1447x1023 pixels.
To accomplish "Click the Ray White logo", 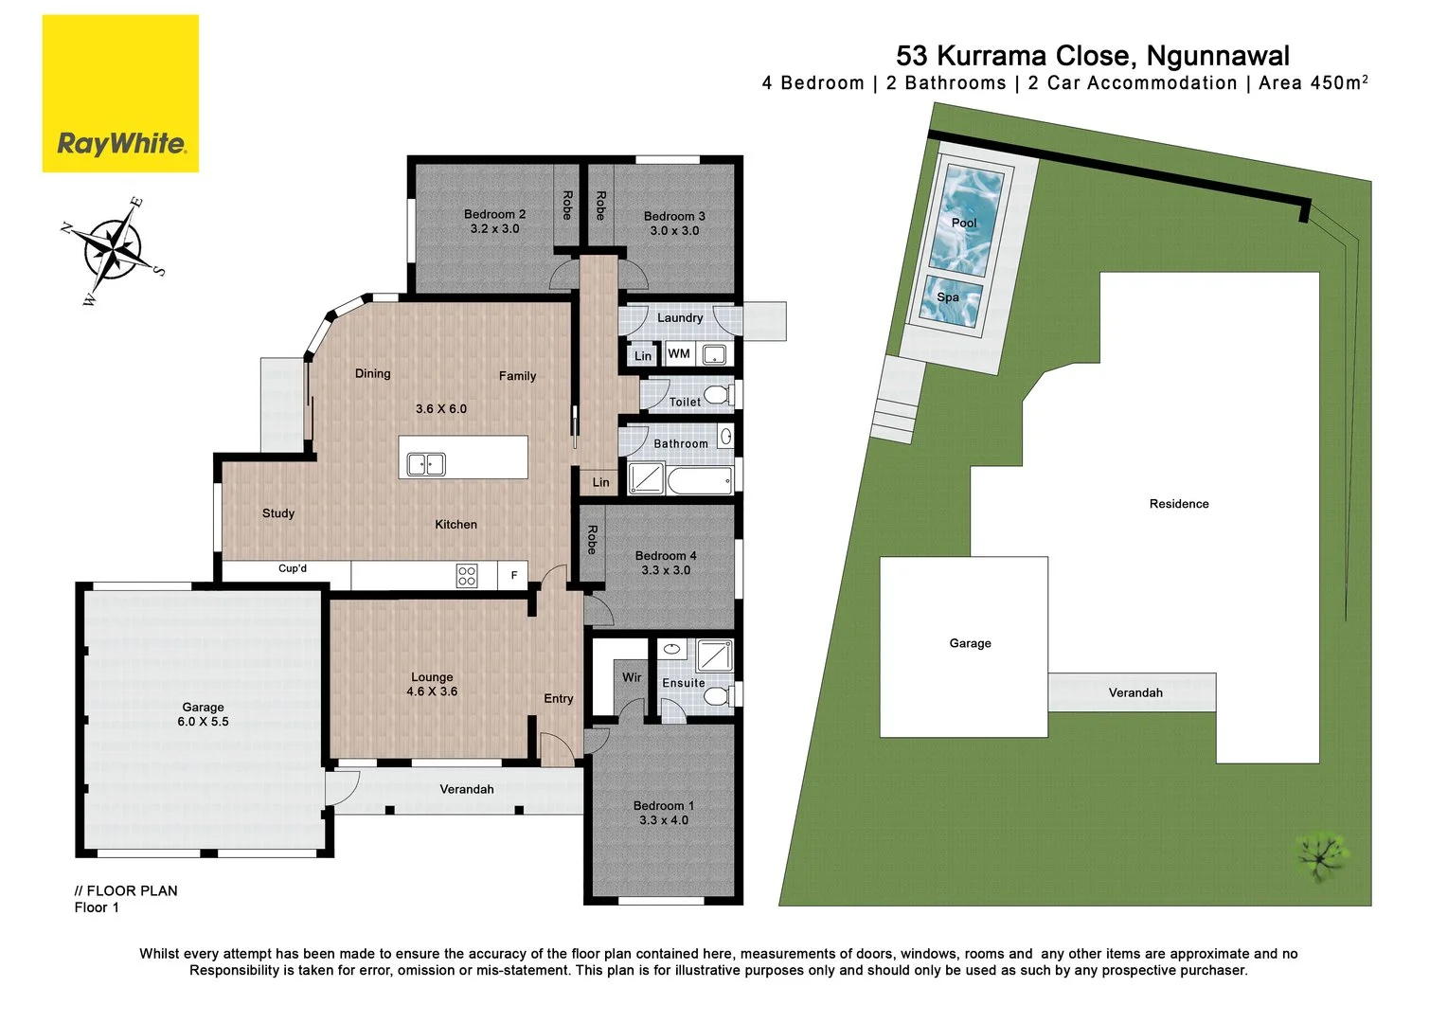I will (x=120, y=94).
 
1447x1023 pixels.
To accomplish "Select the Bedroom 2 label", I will (x=494, y=214).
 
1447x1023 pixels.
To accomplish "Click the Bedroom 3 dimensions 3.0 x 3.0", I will (x=674, y=231).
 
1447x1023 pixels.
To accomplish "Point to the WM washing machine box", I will (x=679, y=354).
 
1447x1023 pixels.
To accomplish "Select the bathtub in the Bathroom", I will (x=700, y=480).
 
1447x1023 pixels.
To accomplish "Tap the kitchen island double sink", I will (x=426, y=464).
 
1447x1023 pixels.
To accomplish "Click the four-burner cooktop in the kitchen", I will (x=467, y=575).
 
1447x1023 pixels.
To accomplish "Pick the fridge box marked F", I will (x=514, y=575).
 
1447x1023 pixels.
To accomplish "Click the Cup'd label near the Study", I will (x=293, y=569).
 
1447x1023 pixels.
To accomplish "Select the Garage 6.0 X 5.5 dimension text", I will (x=203, y=722).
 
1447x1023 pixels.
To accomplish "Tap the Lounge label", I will (x=432, y=677).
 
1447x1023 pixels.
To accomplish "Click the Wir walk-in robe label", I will (x=632, y=677).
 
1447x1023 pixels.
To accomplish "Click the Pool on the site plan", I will (x=964, y=222).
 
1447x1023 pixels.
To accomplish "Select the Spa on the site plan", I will (x=949, y=297).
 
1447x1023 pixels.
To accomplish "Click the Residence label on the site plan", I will (x=1179, y=504).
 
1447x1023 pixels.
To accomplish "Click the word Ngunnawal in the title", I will (x=1218, y=56).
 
